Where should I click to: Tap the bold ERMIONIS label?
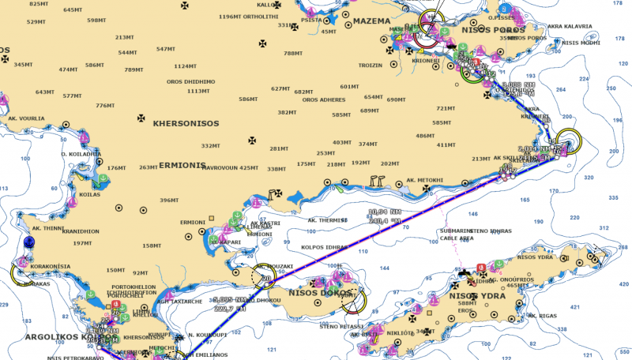click(x=182, y=166)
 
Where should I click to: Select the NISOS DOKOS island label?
click(x=314, y=293)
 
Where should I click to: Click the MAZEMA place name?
click(x=372, y=21)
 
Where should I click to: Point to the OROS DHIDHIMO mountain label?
click(x=190, y=81)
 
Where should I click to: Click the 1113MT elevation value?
click(x=198, y=91)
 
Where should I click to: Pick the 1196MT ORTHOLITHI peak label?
click(x=248, y=17)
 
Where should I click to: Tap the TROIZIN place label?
click(x=371, y=65)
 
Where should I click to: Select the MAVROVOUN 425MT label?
click(x=228, y=167)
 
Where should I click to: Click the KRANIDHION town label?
click(x=81, y=231)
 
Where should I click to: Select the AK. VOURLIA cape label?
click(x=26, y=118)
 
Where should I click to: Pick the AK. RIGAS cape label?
click(x=544, y=316)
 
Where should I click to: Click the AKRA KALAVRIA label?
click(x=569, y=26)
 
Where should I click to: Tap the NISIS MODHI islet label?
click(x=581, y=43)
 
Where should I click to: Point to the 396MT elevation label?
click(x=169, y=200)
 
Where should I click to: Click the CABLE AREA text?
click(x=457, y=238)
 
